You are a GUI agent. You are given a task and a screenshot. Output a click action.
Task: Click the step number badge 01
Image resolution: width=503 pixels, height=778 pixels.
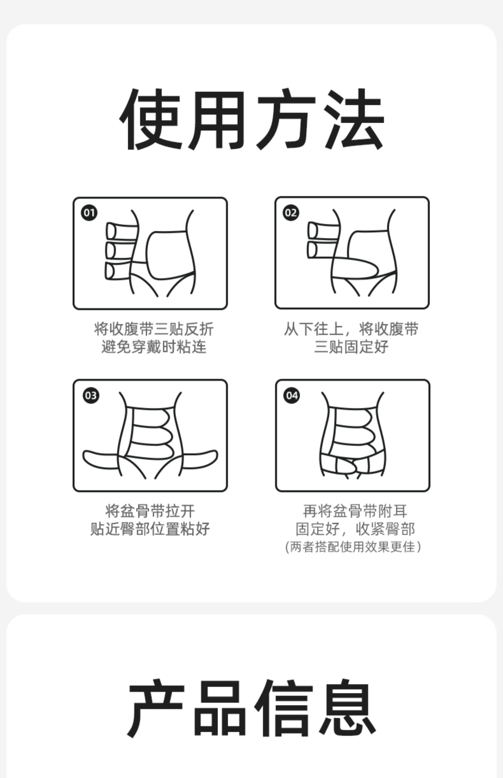click(x=89, y=213)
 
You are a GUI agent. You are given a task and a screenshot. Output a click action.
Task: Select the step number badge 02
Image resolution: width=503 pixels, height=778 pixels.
click(x=291, y=213)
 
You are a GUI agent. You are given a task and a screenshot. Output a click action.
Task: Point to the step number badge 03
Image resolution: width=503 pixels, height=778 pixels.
click(x=91, y=395)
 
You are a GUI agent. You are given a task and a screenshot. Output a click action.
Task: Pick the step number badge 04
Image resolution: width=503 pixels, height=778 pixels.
click(x=292, y=395)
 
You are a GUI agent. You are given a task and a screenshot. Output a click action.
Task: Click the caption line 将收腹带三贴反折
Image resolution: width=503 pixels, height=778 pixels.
click(x=154, y=329)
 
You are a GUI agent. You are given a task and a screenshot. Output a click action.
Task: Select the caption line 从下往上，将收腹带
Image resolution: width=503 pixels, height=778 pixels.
click(x=351, y=329)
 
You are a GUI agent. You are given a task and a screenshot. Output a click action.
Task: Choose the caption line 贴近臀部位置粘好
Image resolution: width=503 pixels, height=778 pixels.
click(x=150, y=529)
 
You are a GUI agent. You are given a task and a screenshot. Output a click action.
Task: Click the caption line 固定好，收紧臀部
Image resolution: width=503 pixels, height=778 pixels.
click(x=355, y=529)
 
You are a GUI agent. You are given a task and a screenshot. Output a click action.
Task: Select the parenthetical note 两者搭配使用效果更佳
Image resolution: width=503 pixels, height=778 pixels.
click(x=353, y=547)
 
